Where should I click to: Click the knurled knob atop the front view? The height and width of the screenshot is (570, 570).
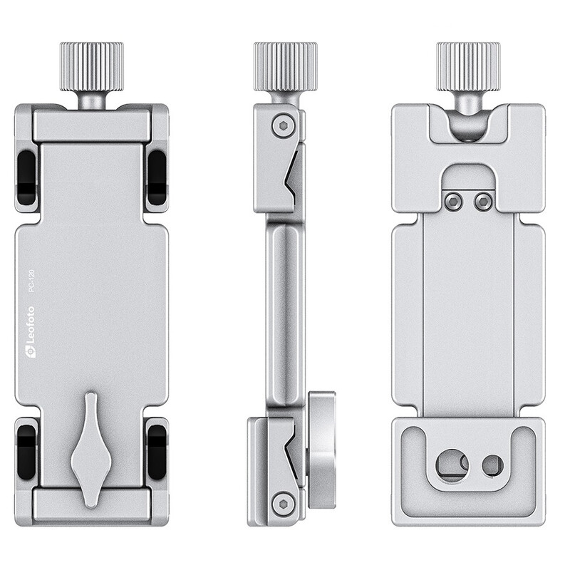click(x=91, y=67)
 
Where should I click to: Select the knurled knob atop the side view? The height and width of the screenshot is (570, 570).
click(x=285, y=67)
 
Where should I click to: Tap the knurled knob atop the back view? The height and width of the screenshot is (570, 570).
click(x=468, y=67)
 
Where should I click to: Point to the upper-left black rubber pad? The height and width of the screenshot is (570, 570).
click(x=26, y=177)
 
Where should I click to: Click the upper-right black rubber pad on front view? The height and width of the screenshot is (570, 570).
click(x=156, y=177)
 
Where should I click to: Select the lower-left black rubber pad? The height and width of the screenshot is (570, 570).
click(x=26, y=450)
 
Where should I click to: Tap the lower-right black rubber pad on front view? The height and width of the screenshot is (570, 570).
click(x=156, y=450)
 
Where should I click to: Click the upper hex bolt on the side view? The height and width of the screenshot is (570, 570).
click(x=283, y=126)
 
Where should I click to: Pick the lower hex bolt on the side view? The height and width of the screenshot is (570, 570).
click(x=283, y=502)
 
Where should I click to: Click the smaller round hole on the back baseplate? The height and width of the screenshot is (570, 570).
click(x=492, y=465)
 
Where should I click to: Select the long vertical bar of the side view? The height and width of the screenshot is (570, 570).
click(x=285, y=306)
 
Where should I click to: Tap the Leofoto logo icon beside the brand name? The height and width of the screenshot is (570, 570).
click(x=31, y=351)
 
